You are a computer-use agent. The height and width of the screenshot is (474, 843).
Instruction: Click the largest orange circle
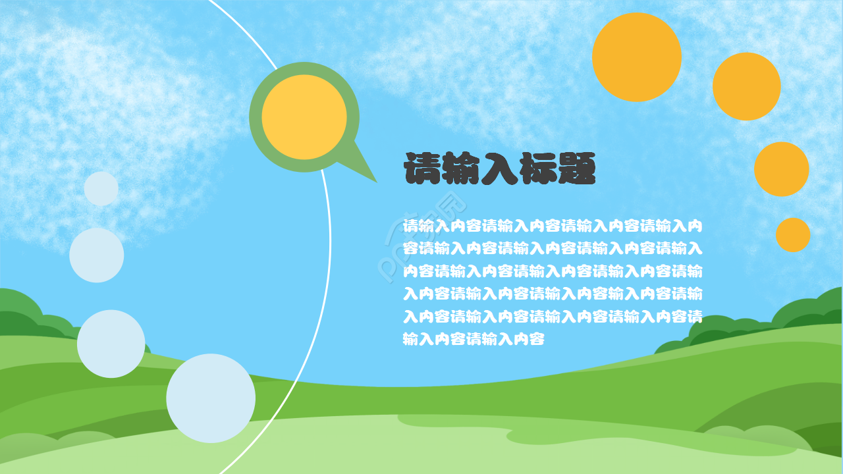[636, 57]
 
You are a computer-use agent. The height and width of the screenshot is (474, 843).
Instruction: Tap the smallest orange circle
[792, 235]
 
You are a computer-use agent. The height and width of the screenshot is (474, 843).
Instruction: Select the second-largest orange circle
[746, 86]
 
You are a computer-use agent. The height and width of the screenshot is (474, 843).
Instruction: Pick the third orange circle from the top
[781, 169]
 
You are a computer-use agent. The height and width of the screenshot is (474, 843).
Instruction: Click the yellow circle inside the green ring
[304, 117]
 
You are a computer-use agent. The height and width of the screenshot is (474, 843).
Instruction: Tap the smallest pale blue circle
[101, 189]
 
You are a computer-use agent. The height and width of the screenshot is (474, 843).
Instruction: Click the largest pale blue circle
[211, 398]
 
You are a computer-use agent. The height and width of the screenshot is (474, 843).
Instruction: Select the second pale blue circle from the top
[97, 255]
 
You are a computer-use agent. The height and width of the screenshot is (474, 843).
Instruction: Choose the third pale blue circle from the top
[111, 344]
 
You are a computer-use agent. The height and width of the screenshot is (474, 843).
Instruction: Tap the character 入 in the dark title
[501, 169]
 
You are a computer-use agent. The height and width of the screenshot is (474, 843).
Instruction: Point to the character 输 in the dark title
[462, 169]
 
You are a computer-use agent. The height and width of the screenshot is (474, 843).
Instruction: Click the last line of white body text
[474, 340]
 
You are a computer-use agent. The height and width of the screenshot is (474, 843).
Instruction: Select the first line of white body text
[552, 226]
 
